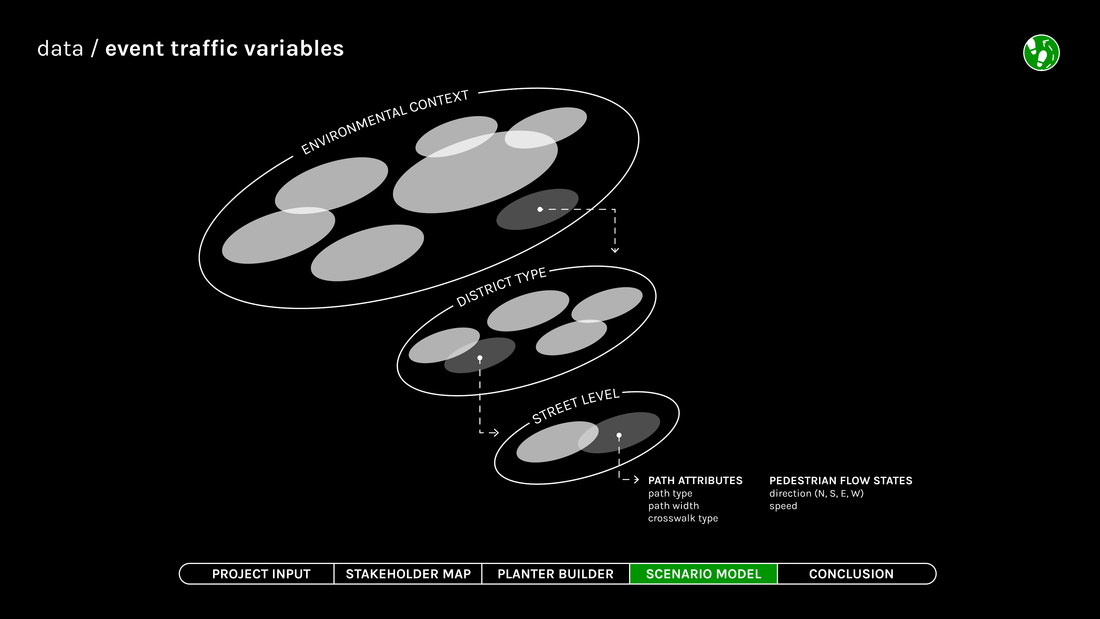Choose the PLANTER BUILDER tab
click(x=556, y=574)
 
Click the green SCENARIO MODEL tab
click(x=703, y=574)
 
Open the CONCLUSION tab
click(x=851, y=574)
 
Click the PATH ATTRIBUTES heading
click(x=695, y=481)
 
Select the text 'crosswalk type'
click(x=683, y=518)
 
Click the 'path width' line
click(x=673, y=506)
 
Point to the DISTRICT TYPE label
click(x=501, y=287)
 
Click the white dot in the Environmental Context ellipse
click(x=540, y=209)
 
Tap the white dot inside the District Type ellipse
click(x=480, y=358)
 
